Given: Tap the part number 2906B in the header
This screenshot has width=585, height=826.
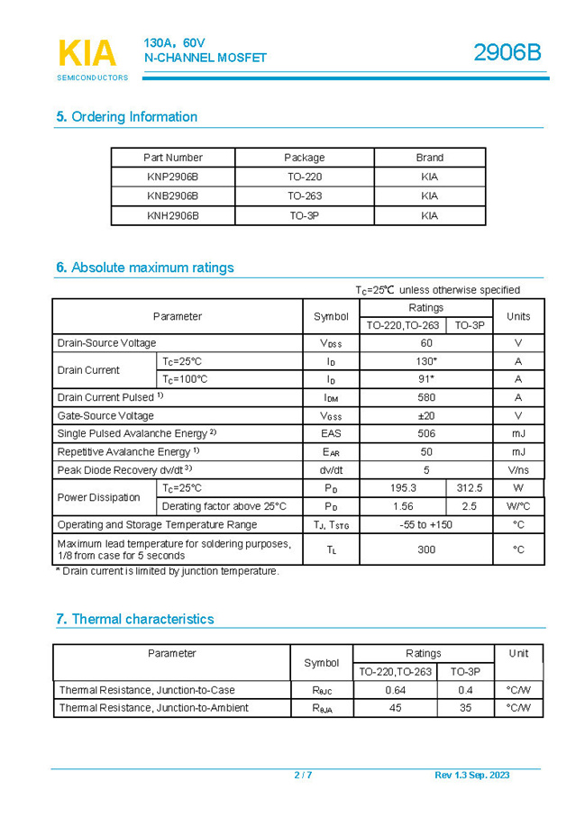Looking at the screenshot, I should [507, 53].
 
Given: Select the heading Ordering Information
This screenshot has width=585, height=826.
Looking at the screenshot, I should [126, 117].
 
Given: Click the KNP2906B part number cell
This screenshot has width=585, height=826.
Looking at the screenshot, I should [172, 177].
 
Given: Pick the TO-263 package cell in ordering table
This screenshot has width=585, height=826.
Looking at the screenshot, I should [305, 195].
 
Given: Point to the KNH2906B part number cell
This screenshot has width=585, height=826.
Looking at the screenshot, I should [172, 216].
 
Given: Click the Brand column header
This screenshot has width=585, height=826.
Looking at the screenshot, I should [429, 158].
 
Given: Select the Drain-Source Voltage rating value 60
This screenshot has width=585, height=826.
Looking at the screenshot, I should [426, 343].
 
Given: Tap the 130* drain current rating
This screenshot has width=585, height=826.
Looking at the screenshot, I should [426, 361].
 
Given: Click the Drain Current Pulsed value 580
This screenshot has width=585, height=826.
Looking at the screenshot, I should [426, 397].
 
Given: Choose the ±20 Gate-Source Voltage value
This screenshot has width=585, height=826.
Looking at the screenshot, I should [426, 415].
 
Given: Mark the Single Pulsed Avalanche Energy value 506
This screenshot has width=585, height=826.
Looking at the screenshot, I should [426, 433].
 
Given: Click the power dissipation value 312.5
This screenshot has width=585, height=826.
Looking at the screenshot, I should [470, 488].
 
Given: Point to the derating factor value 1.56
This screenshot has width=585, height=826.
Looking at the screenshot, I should [403, 506].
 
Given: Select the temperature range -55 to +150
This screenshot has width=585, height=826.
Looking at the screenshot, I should [426, 524].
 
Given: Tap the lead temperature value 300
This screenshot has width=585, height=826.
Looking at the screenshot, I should [426, 549].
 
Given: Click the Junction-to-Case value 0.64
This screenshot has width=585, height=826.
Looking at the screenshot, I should [396, 690].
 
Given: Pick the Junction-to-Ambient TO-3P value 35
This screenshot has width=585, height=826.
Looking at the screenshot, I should [465, 708].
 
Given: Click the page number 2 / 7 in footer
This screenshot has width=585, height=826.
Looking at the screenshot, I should [303, 776].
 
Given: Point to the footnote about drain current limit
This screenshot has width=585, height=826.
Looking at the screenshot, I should [167, 571].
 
